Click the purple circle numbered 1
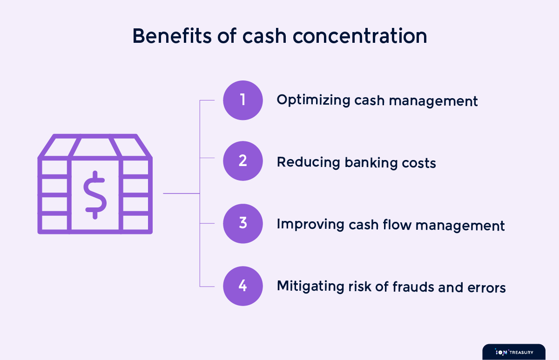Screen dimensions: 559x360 [x=243, y=100]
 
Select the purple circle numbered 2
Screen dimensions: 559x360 [x=243, y=161]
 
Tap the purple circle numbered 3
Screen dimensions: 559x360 [x=243, y=223]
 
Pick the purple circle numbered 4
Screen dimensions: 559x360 [x=243, y=286]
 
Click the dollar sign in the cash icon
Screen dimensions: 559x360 [x=95, y=195]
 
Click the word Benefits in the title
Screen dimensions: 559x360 [x=172, y=36]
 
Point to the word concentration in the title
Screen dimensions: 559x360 [x=360, y=36]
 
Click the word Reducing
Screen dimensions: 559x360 [x=309, y=162]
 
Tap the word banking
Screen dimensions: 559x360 [x=371, y=163]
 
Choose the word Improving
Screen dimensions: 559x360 [x=310, y=224]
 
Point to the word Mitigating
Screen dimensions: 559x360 [x=310, y=286]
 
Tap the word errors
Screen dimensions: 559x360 [x=486, y=288]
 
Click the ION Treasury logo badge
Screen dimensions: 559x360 [x=514, y=352]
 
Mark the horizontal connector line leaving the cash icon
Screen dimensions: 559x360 [x=182, y=193]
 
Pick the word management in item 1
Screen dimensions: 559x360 [x=433, y=101]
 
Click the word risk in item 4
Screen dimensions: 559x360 [x=360, y=286]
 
